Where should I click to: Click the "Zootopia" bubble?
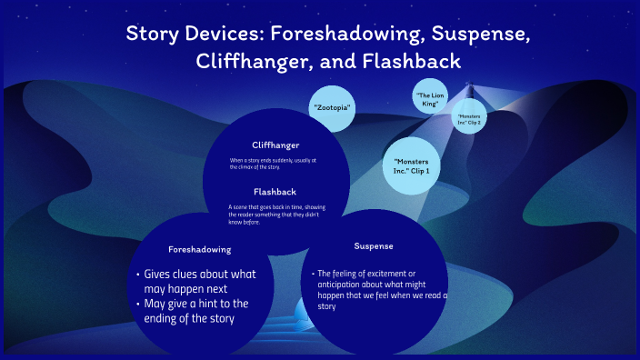click(332, 107)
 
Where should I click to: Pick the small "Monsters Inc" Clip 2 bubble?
click(470, 119)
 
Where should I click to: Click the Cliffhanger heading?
click(275, 145)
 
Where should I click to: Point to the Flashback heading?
click(275, 192)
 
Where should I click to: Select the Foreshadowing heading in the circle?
click(200, 249)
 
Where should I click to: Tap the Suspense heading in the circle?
click(375, 246)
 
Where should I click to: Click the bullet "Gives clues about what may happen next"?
click(199, 281)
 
